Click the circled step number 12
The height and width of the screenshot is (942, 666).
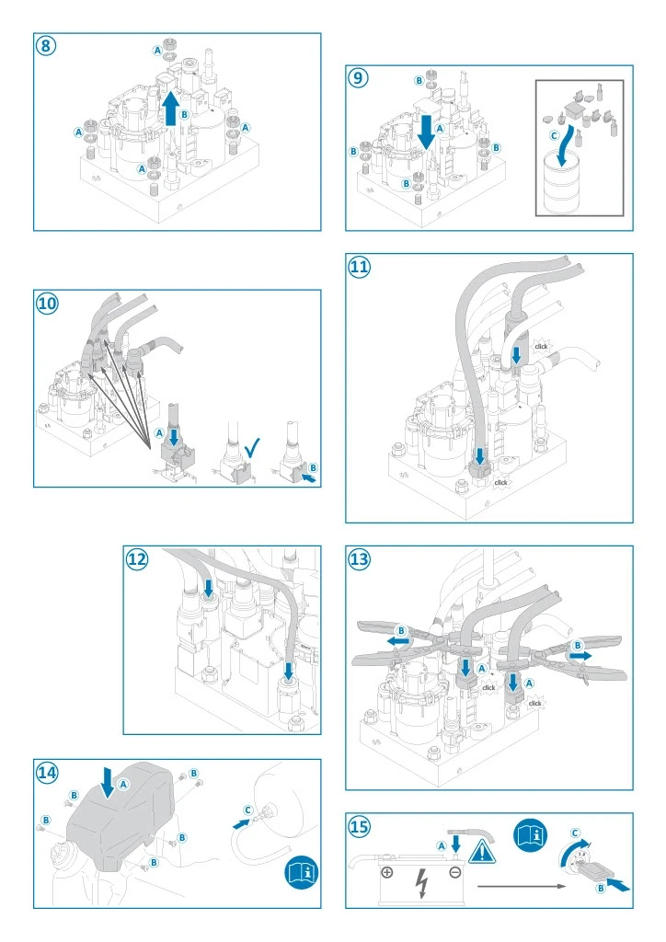click(137, 559)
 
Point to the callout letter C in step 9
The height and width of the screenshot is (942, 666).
click(554, 134)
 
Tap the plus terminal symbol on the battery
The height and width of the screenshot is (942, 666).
click(388, 871)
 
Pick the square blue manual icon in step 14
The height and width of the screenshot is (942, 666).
click(300, 868)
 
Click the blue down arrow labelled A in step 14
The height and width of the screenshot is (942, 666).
click(108, 783)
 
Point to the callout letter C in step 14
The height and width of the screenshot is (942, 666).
click(247, 809)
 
